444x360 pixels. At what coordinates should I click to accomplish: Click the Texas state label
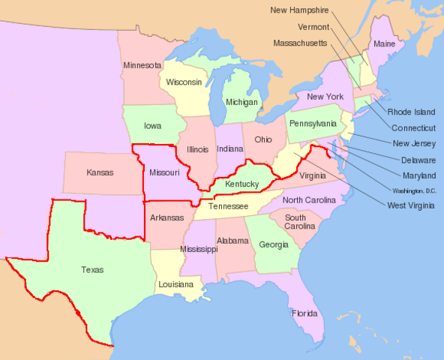[92, 270]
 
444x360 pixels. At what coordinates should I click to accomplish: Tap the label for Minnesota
[142, 65]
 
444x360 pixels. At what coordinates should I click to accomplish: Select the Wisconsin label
[184, 82]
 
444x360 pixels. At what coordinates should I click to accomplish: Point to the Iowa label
[152, 126]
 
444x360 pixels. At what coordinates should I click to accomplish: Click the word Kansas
[100, 172]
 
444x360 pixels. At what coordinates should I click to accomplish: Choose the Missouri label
[164, 172]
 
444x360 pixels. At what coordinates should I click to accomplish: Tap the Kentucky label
[241, 184]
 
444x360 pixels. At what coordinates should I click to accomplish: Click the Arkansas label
[166, 218]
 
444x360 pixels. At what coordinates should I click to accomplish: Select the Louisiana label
[175, 285]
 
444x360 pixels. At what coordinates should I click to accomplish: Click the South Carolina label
[299, 220]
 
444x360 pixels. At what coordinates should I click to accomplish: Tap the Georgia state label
[273, 244]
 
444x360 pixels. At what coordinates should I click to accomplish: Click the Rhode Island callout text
[411, 112]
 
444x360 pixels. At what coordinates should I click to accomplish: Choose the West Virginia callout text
[411, 205]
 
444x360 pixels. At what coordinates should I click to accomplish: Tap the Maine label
[384, 43]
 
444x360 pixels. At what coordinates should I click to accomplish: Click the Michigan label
[241, 102]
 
